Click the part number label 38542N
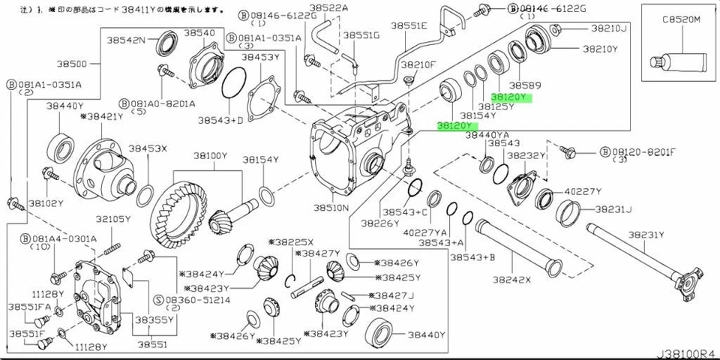click(x=126, y=39)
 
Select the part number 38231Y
click(x=646, y=235)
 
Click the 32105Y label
click(x=113, y=219)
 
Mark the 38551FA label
click(x=29, y=307)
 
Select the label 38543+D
click(x=220, y=119)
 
